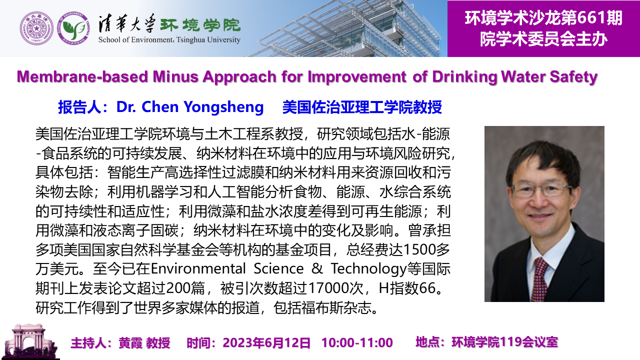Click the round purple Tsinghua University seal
pyautogui.click(x=36, y=28)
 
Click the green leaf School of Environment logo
pyautogui.click(x=74, y=28)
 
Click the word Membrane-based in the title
pyautogui.click(x=82, y=76)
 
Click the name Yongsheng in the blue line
pyautogui.click(x=223, y=107)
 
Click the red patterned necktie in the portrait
pyautogui.click(x=538, y=278)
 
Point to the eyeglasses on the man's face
pyautogui.click(x=541, y=189)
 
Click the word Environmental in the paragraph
pyautogui.click(x=198, y=269)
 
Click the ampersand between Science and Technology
pyautogui.click(x=317, y=269)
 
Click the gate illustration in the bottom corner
pyautogui.click(x=29, y=341)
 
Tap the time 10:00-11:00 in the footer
pyautogui.click(x=357, y=342)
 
